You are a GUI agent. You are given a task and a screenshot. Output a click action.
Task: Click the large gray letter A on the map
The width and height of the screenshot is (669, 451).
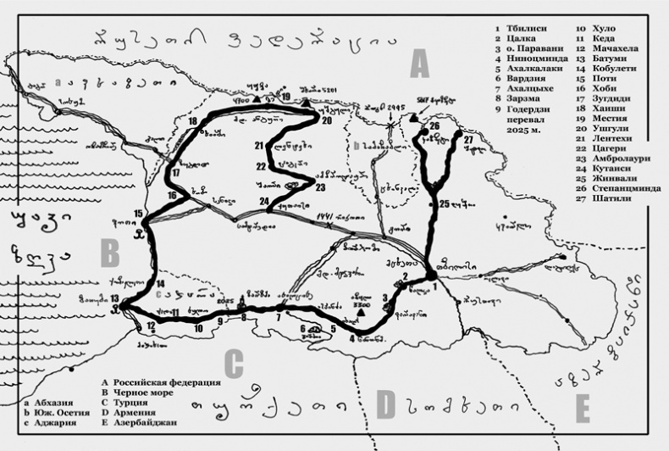419,64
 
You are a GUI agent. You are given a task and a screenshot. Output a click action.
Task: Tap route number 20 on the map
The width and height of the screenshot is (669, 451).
325,120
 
